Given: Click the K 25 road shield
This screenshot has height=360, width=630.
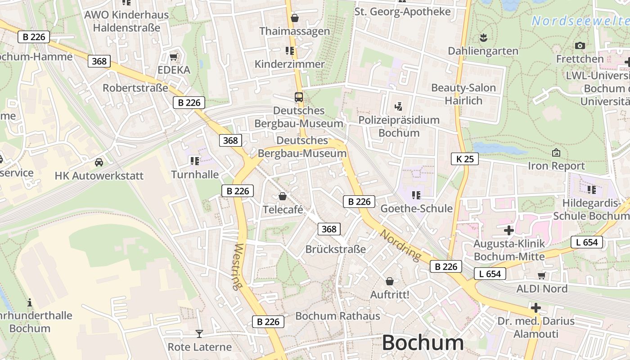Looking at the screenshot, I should click(465, 159).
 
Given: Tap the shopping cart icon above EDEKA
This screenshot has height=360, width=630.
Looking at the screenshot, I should click(174, 57).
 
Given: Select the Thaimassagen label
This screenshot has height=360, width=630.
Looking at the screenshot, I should click(295, 31).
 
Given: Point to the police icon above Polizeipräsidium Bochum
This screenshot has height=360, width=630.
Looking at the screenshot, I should click(398, 107).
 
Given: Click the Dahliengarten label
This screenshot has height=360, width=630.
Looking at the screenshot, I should click(483, 51).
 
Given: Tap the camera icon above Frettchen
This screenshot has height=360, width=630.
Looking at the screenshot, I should click(580, 45).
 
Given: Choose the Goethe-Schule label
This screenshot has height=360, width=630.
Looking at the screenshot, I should click(416, 208).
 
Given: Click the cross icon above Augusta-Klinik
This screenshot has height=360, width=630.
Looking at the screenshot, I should click(509, 230).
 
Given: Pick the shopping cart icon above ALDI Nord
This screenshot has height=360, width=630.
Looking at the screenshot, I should click(541, 275).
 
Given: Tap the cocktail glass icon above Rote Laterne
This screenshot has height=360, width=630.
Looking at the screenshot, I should click(199, 333).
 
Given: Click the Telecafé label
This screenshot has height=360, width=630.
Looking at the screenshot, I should click(283, 210).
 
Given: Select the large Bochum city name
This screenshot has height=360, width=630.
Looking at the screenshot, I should click(423, 343).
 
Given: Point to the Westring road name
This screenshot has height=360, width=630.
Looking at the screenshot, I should click(238, 266).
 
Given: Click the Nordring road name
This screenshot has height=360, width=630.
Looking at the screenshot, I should click(400, 245).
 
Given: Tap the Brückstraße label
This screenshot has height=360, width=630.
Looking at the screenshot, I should click(336, 249).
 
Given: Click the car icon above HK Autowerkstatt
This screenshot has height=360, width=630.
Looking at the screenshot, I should click(99, 162).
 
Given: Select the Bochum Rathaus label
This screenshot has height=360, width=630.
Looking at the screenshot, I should click(337, 316).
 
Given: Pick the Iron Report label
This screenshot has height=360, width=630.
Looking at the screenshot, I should click(556, 166).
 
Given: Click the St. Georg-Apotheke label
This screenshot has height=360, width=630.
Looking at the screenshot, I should click(402, 12).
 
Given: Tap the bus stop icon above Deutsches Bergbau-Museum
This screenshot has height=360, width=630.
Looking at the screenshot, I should click(299, 97).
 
